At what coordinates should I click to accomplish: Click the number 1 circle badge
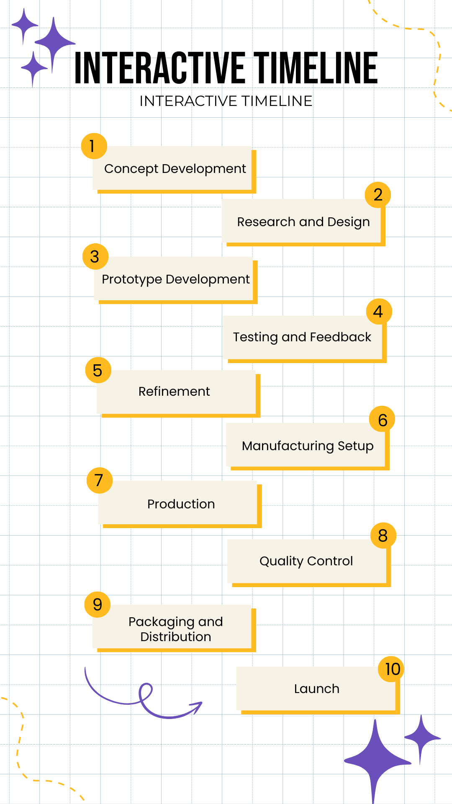pos(94,146)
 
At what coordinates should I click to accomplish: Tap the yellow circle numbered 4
pos(379,312)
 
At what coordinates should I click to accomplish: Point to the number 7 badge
pos(100,480)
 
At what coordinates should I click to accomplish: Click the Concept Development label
pos(175,169)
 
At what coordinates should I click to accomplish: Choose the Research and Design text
pos(303,222)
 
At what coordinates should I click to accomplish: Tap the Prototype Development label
pos(176,279)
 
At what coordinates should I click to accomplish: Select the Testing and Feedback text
pos(302,337)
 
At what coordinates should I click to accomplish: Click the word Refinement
pos(174,392)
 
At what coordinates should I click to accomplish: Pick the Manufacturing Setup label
pos(308,446)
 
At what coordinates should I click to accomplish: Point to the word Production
pos(181,504)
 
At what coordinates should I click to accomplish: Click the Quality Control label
pos(306,561)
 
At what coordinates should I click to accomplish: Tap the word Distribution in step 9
pos(176,637)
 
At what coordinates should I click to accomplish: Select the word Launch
pos(317,689)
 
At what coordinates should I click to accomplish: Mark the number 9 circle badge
pos(98,604)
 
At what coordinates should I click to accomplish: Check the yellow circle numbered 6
pos(382,420)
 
